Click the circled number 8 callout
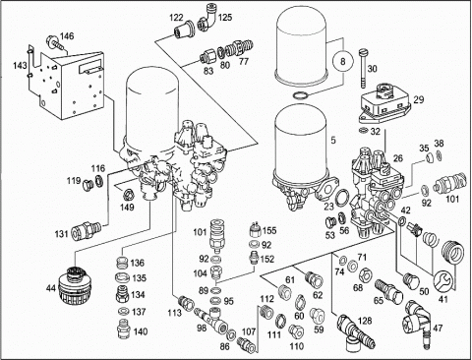(342, 61)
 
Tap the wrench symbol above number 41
(442, 281)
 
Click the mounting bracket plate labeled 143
(67, 82)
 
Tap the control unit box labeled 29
(384, 103)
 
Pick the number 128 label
(365, 321)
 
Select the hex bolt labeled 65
(389, 291)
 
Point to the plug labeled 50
(412, 280)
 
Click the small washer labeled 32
(363, 131)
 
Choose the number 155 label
(268, 230)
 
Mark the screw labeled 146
(55, 42)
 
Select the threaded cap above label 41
(453, 251)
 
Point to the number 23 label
(328, 207)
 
